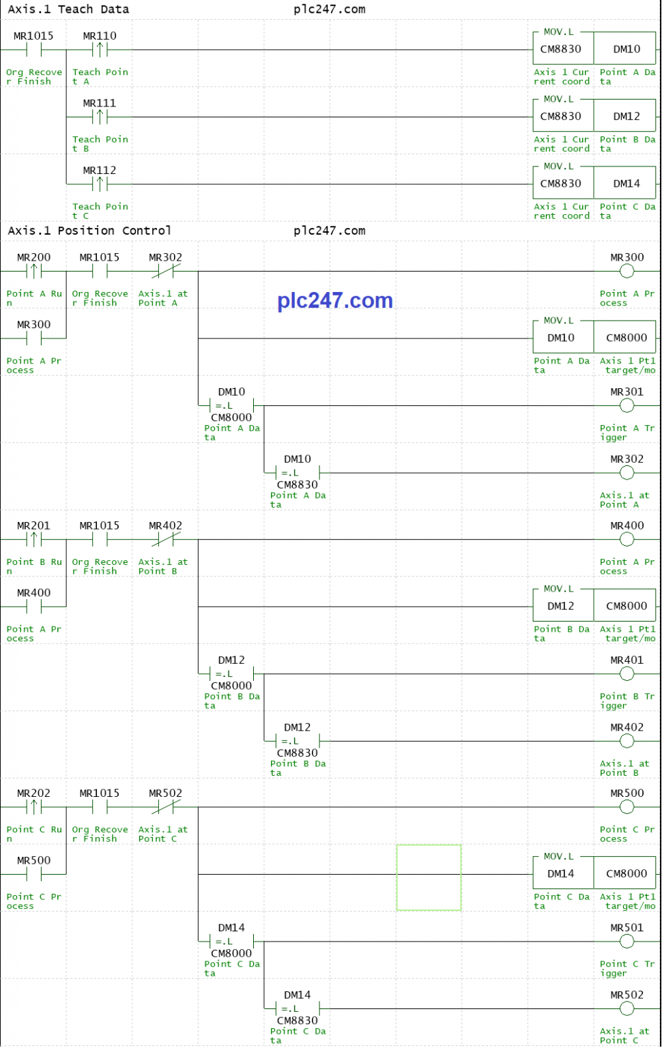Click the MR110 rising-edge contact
click(x=100, y=50)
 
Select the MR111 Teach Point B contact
click(x=100, y=117)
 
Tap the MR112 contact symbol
click(x=100, y=184)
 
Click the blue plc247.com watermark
click(x=335, y=300)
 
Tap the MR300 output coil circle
click(x=627, y=271)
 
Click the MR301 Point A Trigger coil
click(x=627, y=406)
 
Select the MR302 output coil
click(x=627, y=473)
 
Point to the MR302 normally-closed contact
click(x=166, y=271)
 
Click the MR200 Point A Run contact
click(x=33, y=271)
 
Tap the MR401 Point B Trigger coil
click(x=627, y=673)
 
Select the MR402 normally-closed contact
click(x=166, y=540)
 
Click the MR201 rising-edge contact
click(x=33, y=540)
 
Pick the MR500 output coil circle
click(x=627, y=807)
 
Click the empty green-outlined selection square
click(x=397, y=877)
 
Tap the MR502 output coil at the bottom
click(x=627, y=1008)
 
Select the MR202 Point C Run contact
click(x=33, y=807)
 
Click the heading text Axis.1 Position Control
click(x=89, y=231)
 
